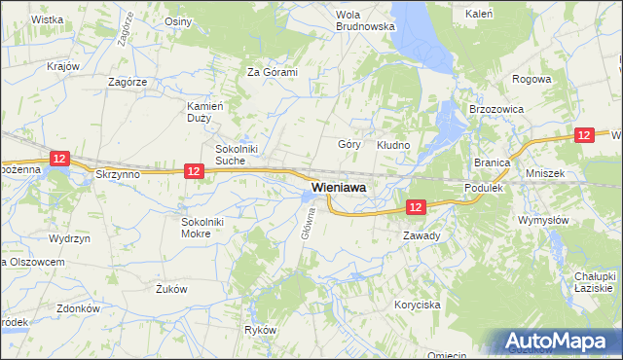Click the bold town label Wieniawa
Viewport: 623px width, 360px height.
[x=339, y=187]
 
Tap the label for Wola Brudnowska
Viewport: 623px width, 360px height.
[x=364, y=20]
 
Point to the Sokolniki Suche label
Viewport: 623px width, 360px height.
[x=236, y=155]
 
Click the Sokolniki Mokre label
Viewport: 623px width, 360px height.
[x=202, y=227]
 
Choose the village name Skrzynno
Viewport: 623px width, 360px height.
[x=119, y=173]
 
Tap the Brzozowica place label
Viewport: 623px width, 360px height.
[x=496, y=110]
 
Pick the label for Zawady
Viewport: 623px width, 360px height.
[x=421, y=235]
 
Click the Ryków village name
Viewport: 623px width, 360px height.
[x=261, y=331]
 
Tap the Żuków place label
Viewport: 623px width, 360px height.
[x=171, y=289]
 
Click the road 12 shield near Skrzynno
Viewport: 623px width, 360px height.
[x=194, y=171]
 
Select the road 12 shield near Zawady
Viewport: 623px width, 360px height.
[x=416, y=207]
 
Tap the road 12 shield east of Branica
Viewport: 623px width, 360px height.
[x=584, y=135]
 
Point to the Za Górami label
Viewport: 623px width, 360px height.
[x=272, y=72]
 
